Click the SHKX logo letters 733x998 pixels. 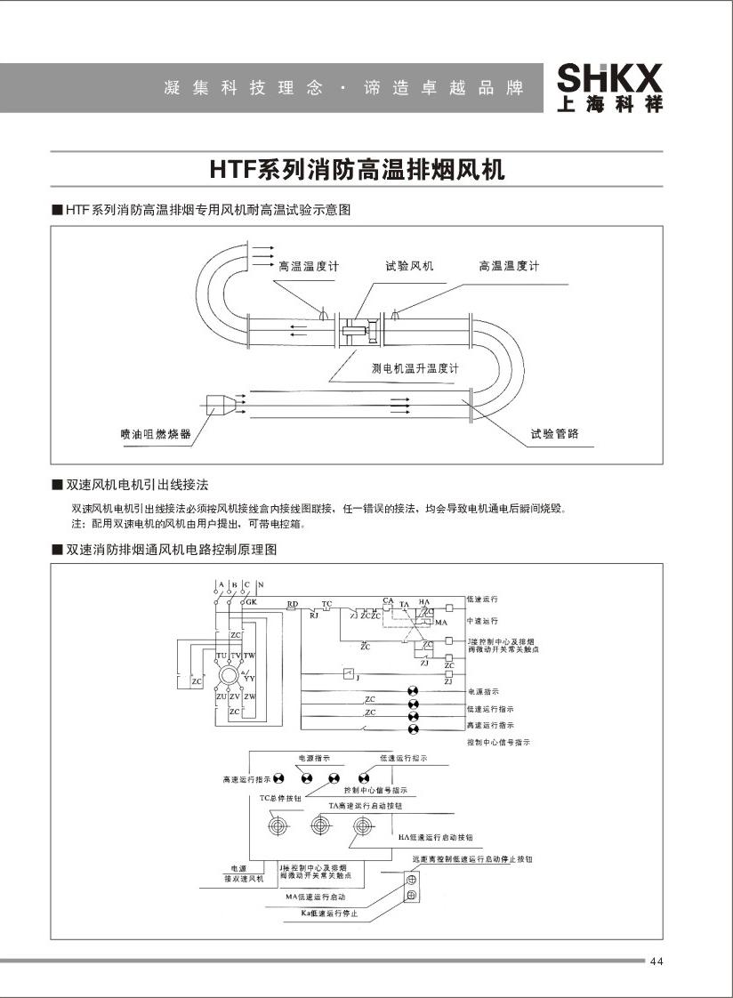(x=609, y=77)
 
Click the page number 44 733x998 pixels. (x=657, y=962)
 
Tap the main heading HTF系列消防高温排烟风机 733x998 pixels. (x=357, y=169)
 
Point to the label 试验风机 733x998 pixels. (x=409, y=266)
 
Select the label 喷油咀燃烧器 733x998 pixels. (x=155, y=434)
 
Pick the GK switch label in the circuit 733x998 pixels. (x=251, y=603)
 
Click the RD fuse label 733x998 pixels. (x=292, y=604)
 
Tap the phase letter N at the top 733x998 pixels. (x=260, y=584)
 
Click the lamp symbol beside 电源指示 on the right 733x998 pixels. (x=413, y=691)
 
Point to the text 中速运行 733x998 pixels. (x=482, y=620)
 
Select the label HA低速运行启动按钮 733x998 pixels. (x=435, y=838)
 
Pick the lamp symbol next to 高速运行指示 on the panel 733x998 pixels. (x=278, y=778)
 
